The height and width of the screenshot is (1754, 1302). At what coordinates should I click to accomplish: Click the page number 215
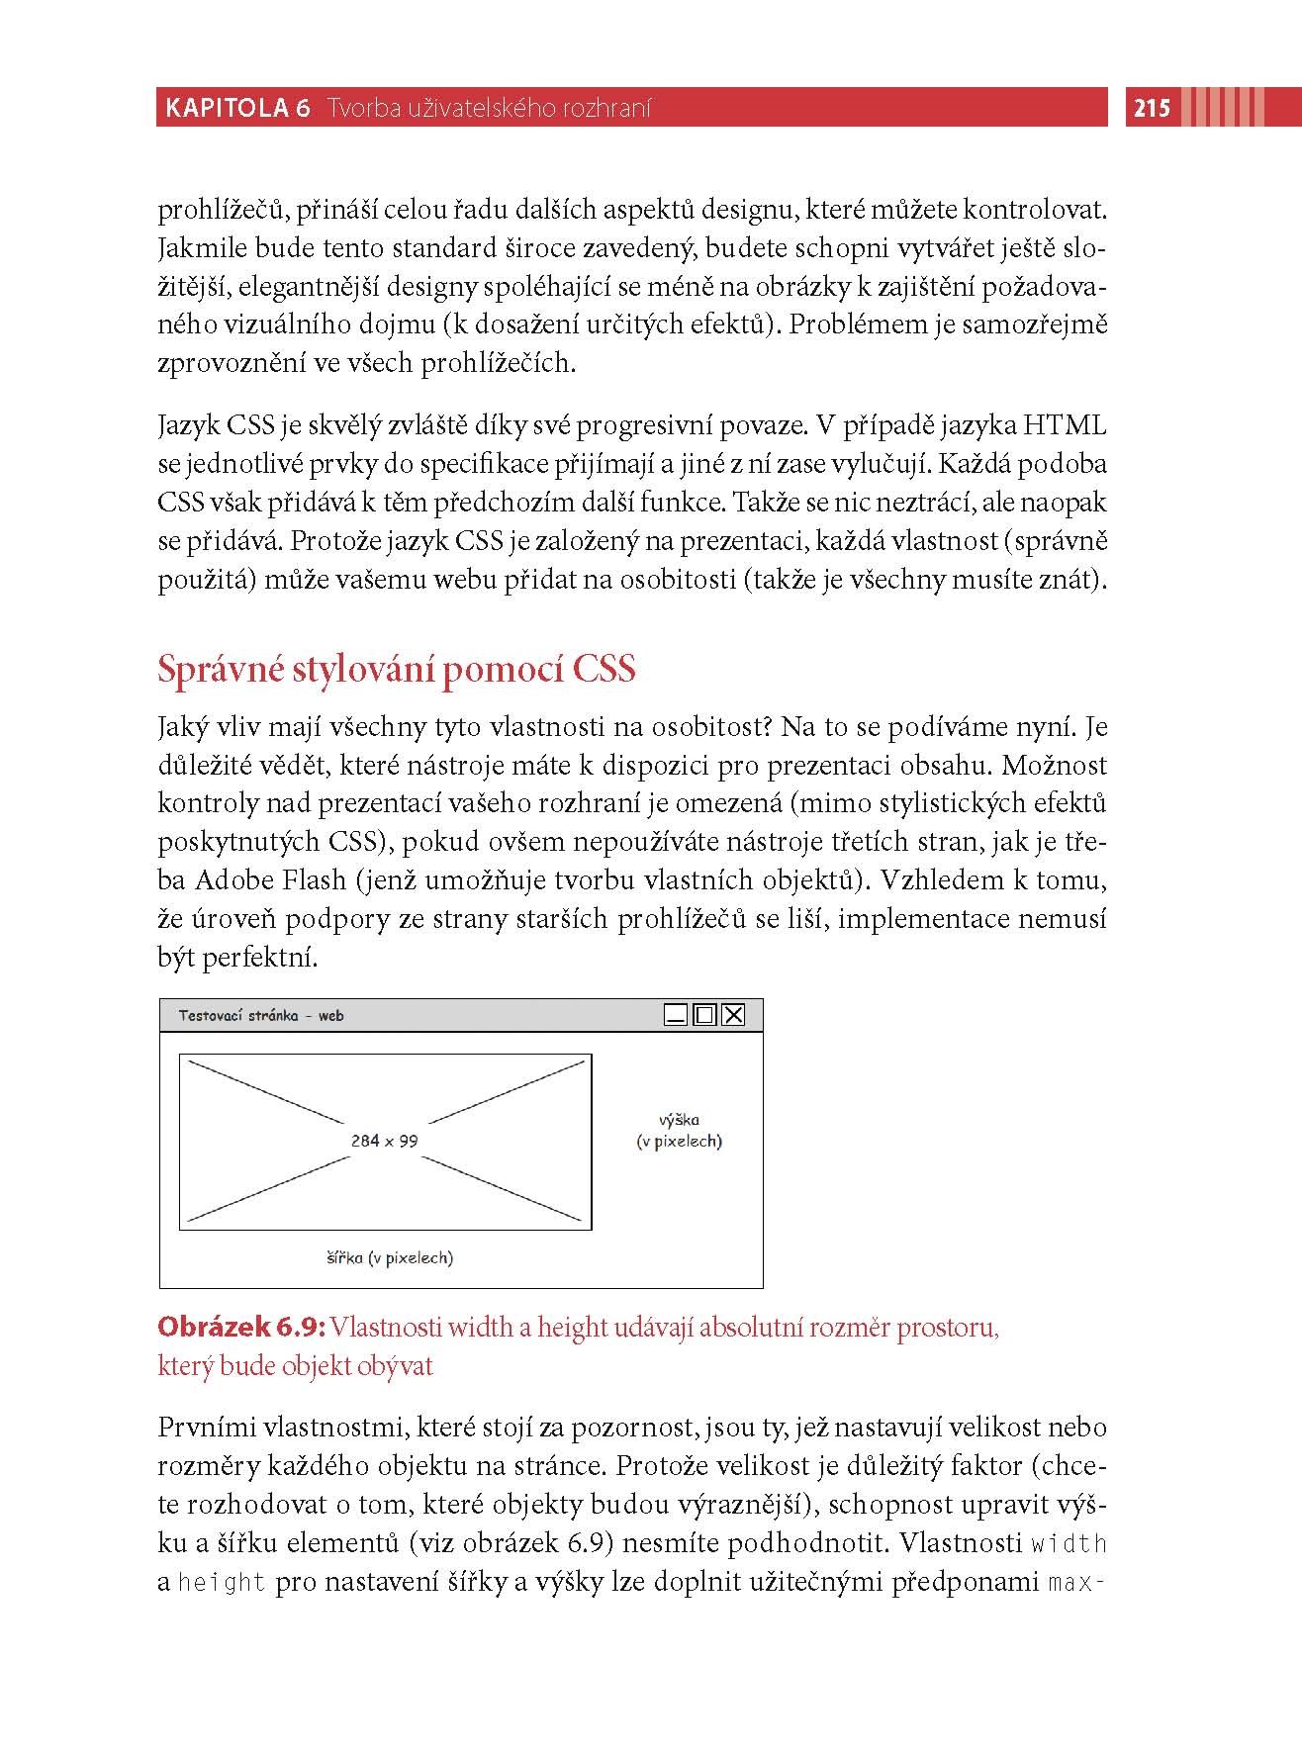point(1152,108)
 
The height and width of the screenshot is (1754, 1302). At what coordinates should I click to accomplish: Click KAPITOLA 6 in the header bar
point(237,108)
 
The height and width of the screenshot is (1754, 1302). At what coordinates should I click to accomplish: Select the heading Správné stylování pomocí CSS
point(396,670)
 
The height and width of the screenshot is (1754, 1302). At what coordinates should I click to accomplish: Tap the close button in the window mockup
point(733,1015)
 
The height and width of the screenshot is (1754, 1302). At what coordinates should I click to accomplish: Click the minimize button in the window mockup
point(676,1015)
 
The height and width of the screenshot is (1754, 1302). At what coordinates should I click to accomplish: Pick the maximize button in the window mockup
point(704,1015)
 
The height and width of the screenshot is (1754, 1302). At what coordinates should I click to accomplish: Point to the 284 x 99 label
point(384,1141)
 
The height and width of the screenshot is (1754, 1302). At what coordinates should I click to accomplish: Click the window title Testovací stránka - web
point(261,1016)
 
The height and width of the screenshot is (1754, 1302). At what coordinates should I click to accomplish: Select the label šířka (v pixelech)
point(390,1258)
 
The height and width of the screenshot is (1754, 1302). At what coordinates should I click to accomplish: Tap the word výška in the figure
point(679,1120)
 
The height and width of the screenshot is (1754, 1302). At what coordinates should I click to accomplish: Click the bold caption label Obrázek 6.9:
point(242,1328)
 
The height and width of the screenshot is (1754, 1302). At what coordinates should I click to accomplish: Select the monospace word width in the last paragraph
point(1069,1544)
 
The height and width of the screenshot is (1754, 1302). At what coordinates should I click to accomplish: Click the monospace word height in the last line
point(223,1583)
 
